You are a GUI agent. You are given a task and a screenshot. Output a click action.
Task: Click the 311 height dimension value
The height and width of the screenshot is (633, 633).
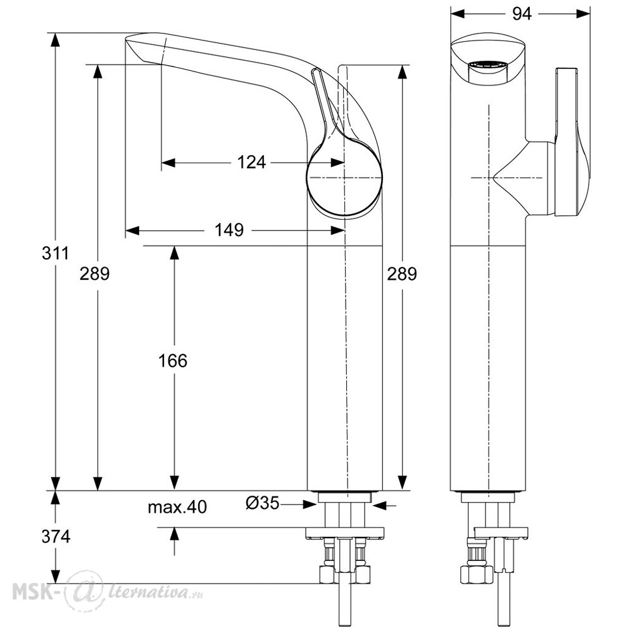coord(55,254)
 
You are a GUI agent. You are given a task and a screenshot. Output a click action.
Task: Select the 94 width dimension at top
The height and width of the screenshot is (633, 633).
coord(522,14)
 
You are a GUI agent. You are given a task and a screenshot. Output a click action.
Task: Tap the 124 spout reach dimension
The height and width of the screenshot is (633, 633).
coord(251,162)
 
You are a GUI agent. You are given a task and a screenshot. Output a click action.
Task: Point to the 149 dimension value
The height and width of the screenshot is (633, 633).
coord(229,230)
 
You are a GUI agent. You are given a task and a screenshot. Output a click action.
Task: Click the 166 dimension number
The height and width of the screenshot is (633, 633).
coord(173,361)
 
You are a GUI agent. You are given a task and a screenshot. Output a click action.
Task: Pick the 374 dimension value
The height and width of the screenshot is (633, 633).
coord(56,537)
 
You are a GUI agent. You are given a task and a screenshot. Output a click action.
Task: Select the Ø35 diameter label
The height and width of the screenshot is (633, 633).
coord(263,503)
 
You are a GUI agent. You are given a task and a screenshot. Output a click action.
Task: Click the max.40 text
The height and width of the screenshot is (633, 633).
coord(177,507)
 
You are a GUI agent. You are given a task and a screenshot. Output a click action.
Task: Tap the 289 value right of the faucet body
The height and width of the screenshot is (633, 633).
coord(402,274)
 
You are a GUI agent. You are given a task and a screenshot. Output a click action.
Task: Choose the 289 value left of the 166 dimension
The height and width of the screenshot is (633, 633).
coord(94,274)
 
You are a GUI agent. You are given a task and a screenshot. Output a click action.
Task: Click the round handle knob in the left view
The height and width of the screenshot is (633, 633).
coord(344,178)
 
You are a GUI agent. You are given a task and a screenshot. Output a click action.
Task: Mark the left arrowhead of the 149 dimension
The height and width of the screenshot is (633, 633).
coord(132,230)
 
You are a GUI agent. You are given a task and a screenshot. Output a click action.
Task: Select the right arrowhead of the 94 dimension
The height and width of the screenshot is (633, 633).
coord(584,14)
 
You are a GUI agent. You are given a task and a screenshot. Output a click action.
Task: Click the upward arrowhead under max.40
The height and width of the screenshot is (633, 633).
coord(175,534)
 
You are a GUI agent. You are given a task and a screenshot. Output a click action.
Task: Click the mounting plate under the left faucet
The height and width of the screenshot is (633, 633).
coord(344,534)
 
